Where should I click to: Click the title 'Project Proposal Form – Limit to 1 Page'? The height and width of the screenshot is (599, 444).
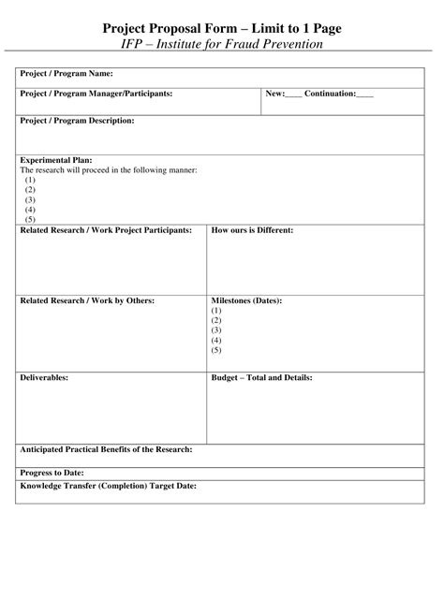click(222, 29)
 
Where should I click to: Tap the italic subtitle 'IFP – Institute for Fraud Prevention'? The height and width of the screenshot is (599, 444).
click(222, 44)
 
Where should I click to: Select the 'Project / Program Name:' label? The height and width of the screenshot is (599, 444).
click(67, 73)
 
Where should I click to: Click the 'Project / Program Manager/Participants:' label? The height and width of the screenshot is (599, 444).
click(96, 94)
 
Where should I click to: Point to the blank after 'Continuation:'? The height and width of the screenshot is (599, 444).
click(364, 95)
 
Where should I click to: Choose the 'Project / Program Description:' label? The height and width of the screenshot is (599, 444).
click(77, 121)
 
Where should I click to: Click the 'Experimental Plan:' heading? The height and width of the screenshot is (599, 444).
click(56, 160)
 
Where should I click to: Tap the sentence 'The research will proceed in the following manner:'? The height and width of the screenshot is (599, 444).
click(109, 169)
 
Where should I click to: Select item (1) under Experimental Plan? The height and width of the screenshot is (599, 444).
click(30, 180)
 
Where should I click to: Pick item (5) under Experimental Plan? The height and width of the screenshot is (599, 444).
click(30, 220)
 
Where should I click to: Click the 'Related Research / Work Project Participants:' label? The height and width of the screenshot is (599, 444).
click(106, 230)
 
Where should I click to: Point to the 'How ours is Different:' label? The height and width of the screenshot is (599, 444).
click(253, 230)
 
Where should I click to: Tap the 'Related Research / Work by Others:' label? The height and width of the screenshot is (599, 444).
click(87, 300)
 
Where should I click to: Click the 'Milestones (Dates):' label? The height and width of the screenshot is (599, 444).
click(247, 300)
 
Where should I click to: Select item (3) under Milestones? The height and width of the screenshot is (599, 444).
click(216, 330)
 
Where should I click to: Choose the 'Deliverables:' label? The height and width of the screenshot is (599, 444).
click(44, 378)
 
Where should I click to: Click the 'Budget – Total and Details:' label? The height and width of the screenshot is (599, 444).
click(262, 378)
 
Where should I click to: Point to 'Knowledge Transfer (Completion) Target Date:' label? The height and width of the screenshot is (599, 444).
click(108, 487)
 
